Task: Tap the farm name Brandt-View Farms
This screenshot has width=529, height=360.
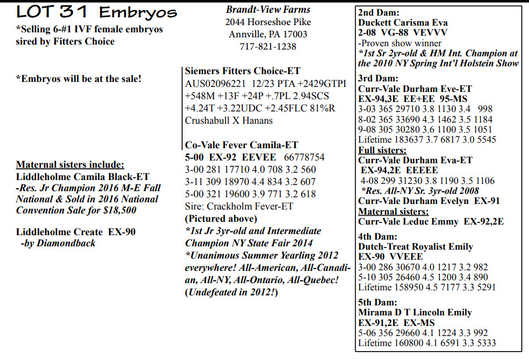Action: [x=268, y=9]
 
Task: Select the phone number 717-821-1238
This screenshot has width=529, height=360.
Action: [x=268, y=46]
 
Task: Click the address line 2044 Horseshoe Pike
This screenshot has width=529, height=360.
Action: [x=268, y=22]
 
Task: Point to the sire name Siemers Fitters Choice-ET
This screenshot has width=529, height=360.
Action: [x=243, y=71]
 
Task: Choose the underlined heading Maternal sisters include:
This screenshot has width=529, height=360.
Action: [x=70, y=164]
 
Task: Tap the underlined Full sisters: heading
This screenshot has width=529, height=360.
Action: [x=382, y=150]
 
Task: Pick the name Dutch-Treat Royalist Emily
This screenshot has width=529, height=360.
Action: [x=415, y=246]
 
